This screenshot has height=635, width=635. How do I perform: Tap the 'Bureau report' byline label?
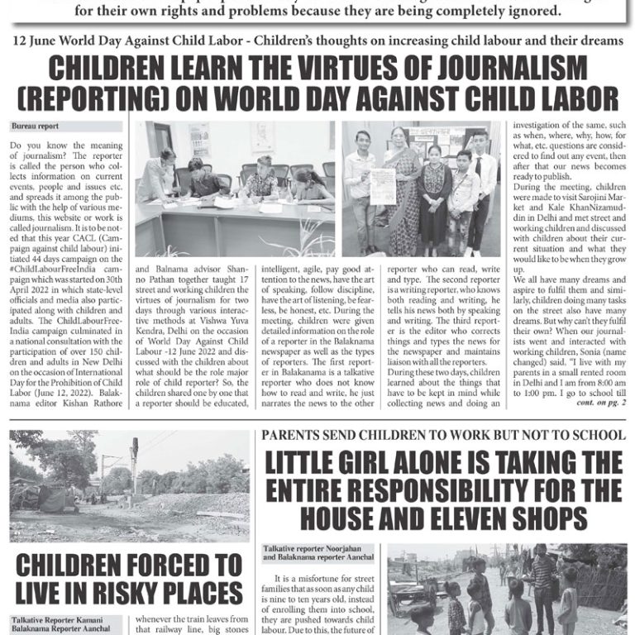(x=36, y=127)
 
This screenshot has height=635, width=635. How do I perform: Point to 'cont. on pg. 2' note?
(x=600, y=402)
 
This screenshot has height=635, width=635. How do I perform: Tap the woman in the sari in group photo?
(x=403, y=190)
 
